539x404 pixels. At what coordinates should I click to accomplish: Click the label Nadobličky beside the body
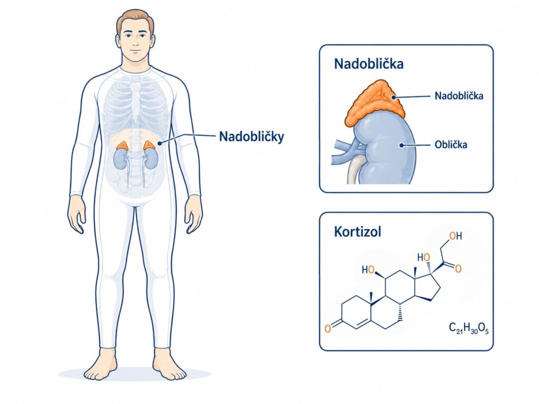(252, 137)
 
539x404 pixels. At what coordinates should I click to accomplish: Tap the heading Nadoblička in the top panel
(368, 64)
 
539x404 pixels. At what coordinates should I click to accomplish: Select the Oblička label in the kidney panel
(451, 144)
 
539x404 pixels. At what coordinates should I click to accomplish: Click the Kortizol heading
(357, 232)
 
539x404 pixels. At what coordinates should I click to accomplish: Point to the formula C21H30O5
(468, 328)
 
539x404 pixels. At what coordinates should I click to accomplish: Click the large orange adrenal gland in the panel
(376, 103)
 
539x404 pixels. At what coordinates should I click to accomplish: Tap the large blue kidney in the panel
(385, 148)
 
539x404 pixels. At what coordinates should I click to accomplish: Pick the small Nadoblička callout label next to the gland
(458, 96)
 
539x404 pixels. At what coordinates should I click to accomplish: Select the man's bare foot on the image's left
(99, 365)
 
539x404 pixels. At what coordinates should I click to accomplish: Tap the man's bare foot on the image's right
(170, 365)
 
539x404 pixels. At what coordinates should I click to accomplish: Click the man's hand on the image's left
(76, 215)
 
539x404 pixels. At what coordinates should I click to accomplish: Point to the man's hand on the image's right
(194, 215)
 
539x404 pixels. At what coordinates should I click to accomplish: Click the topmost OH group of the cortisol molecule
(455, 236)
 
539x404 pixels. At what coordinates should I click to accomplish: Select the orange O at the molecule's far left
(327, 328)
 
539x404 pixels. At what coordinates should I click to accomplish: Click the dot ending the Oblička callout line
(401, 145)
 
